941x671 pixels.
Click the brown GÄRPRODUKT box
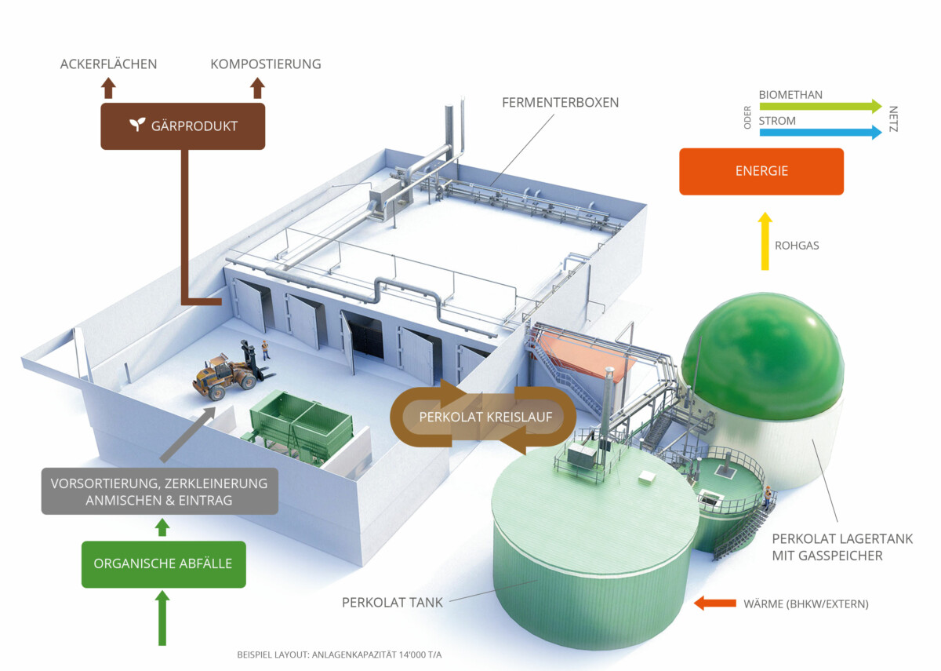point(183,126)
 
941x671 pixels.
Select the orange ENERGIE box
point(761,171)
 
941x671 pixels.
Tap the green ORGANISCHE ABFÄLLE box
point(163,563)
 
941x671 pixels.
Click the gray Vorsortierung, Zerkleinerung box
point(159,491)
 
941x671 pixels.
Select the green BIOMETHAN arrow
point(819,107)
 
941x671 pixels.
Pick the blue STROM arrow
point(819,132)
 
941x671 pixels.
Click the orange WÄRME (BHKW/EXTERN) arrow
point(714,604)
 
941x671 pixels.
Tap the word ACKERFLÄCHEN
point(108,64)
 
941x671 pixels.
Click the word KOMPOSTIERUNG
point(265,64)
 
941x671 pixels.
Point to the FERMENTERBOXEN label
point(561,103)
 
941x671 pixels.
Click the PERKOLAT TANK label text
point(392,603)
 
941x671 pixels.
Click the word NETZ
point(893,119)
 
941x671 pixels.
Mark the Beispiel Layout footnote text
point(344,654)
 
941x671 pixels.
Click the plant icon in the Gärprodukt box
point(138,126)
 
